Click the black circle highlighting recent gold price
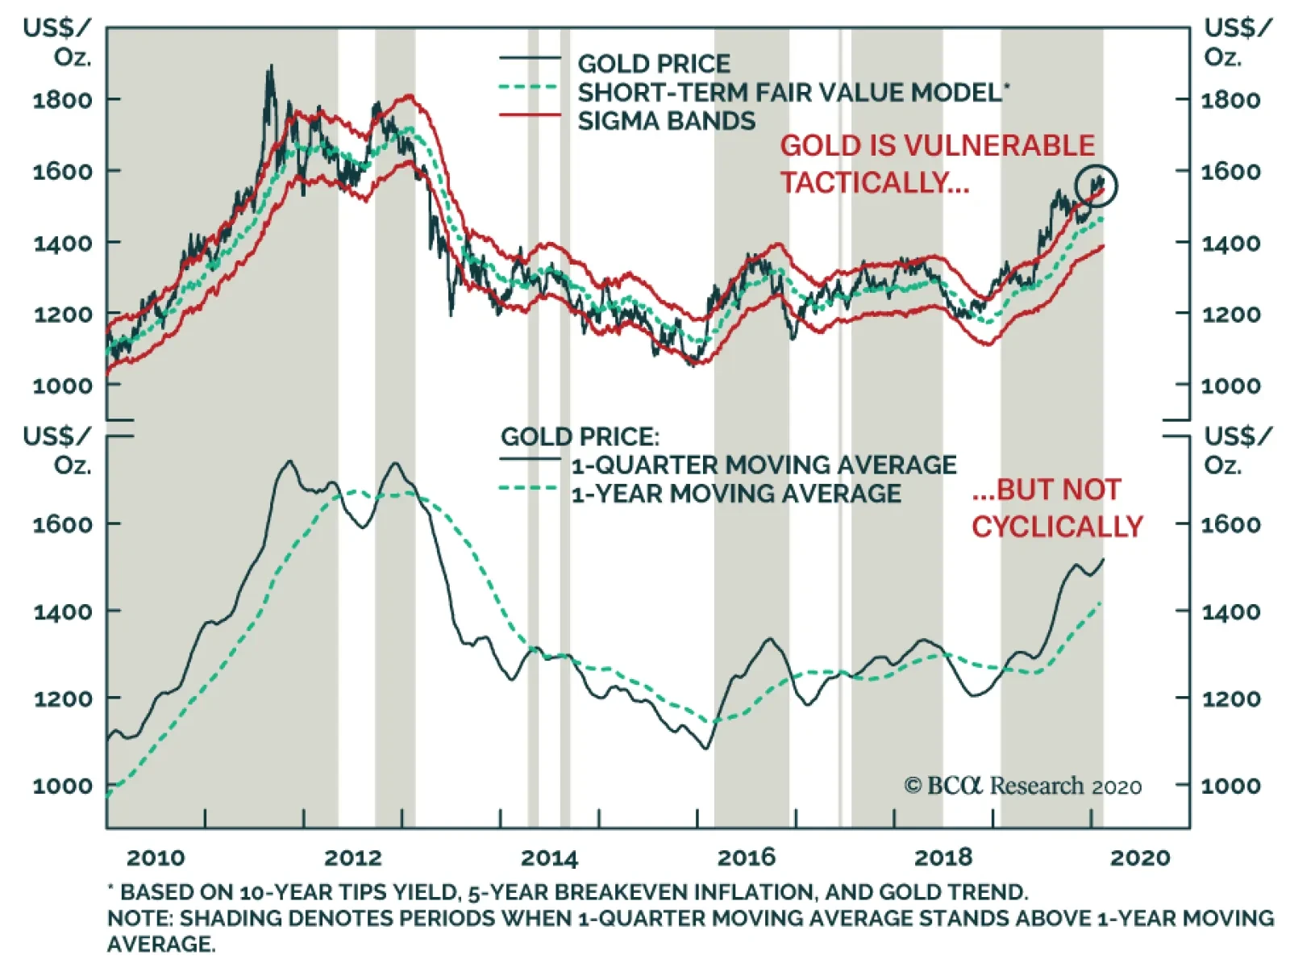1096,186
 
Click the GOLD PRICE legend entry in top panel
653,64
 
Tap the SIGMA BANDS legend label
666,121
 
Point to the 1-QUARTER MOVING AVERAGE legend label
764,465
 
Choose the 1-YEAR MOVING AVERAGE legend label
736,494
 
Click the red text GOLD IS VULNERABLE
937,146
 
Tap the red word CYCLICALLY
1057,527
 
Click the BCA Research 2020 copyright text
1022,786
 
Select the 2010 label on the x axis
156,857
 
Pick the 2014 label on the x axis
549,857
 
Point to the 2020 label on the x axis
1140,857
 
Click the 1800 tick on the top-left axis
62,100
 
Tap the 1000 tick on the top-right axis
1230,386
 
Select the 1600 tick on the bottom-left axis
62,524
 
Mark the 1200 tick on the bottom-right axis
1230,699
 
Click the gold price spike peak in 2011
271,67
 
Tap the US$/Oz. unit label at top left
58,42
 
